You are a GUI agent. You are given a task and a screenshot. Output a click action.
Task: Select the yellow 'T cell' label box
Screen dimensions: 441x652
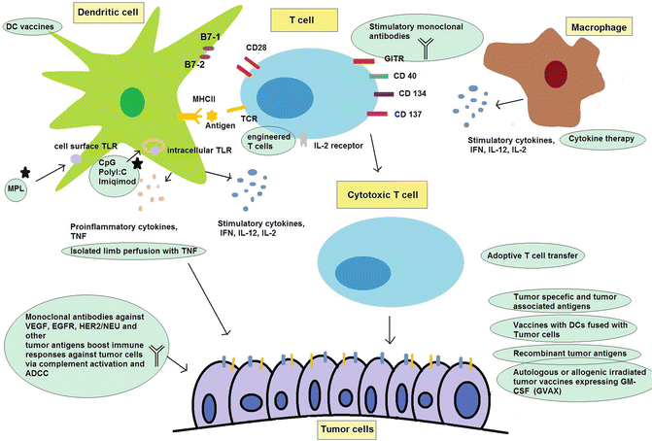(x=303, y=17)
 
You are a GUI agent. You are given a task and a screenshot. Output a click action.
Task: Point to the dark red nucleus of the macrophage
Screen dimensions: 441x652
(x=557, y=74)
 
